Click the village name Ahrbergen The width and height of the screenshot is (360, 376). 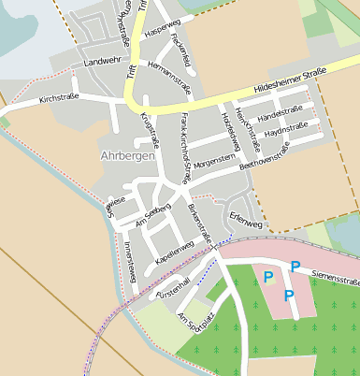[127, 155]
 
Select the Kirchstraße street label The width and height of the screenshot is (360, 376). [58, 98]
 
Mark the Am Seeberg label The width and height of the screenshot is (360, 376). [153, 212]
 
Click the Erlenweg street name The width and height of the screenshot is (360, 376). [247, 225]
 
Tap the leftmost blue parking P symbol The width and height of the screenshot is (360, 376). [268, 277]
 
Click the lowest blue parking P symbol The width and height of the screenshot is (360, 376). [288, 296]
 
